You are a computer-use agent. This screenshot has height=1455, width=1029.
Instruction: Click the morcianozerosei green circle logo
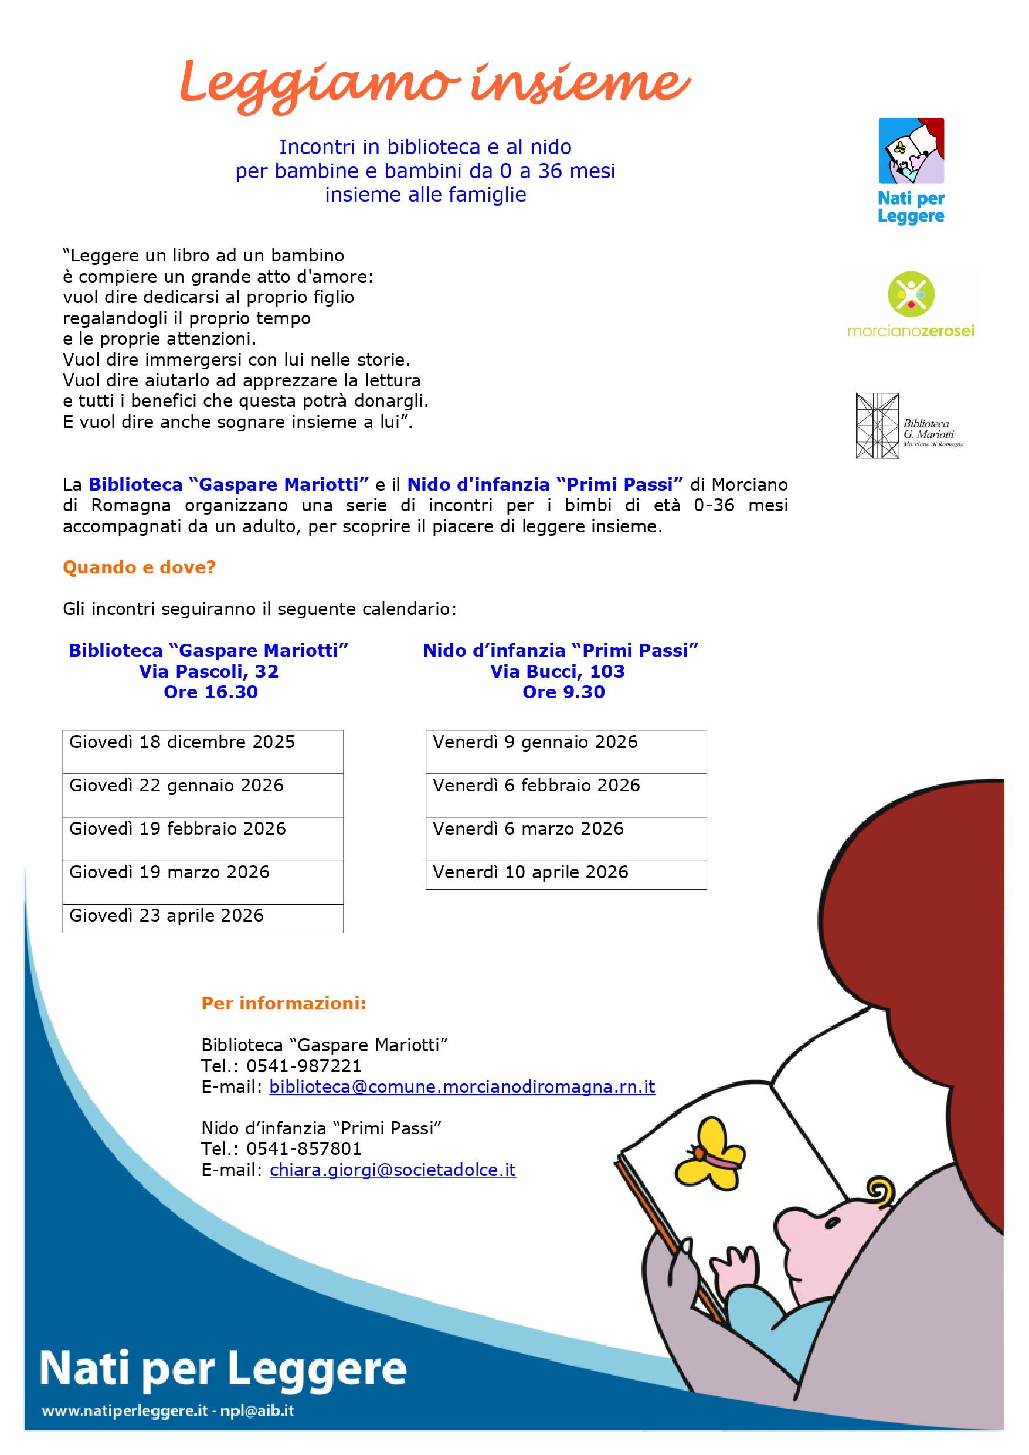[911, 294]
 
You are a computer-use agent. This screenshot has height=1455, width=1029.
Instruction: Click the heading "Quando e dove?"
[140, 567]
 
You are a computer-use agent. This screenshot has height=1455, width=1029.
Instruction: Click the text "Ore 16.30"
[210, 692]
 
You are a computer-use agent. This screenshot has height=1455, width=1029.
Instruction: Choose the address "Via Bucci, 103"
[557, 671]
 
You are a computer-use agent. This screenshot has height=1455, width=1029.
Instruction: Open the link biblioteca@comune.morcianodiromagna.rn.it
[461, 1087]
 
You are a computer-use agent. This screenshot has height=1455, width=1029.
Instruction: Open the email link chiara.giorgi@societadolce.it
[392, 1170]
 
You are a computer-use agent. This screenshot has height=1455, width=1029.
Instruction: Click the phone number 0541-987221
[304, 1066]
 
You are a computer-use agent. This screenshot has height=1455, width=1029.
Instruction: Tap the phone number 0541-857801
[304, 1148]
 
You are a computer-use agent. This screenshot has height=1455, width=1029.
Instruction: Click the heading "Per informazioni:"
[283, 1003]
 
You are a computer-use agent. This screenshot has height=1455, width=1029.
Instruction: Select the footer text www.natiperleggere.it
[124, 1410]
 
